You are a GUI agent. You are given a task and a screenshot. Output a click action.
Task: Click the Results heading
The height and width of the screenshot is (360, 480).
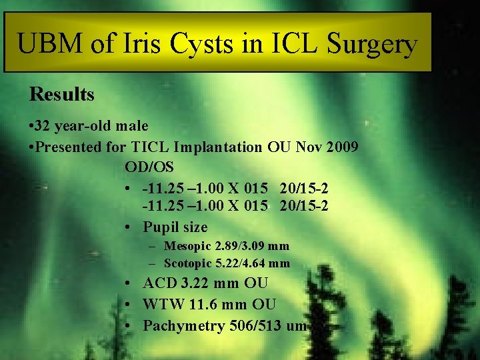[x=62, y=95]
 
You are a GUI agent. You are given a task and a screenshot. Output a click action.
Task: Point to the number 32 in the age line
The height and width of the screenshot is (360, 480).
[x=45, y=126]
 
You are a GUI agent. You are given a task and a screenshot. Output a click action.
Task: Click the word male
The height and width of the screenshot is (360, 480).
[x=130, y=126]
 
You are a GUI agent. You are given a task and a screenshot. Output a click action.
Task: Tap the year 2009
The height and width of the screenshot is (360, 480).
[x=340, y=147]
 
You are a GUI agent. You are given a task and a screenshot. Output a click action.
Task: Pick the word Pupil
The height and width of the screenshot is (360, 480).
[x=161, y=227]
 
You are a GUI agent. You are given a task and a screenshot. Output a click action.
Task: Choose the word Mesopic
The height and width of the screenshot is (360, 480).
[x=189, y=246]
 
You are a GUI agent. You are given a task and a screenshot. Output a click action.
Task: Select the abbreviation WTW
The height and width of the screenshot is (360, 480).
[x=161, y=305]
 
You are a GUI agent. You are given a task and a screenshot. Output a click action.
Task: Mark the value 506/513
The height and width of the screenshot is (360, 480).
[x=255, y=326]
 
